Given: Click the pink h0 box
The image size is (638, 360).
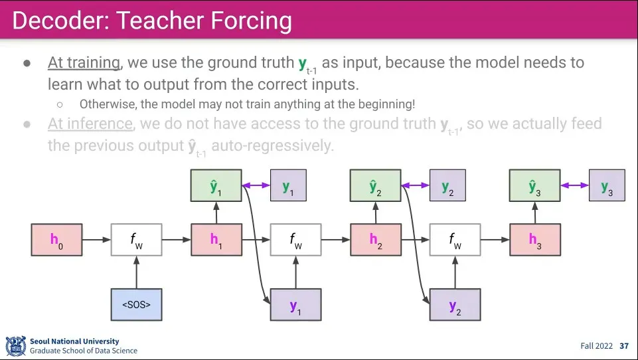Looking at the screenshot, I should [56, 239].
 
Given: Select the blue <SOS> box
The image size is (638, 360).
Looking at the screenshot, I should [136, 306].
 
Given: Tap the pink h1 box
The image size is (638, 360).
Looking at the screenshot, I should [216, 239].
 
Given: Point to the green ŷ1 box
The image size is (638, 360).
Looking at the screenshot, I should [216, 186].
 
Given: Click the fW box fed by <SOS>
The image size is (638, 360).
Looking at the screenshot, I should [136, 239].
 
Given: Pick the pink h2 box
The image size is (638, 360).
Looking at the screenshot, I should [376, 239].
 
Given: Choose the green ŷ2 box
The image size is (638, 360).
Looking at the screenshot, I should [375, 186].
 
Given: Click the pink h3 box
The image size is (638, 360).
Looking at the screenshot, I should [535, 239].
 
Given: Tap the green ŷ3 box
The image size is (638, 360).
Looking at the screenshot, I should [534, 186].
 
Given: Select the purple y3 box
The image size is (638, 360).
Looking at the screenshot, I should [607, 186].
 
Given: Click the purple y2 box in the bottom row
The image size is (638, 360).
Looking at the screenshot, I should [455, 306].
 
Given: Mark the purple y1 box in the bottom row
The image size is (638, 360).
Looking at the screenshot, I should [295, 306].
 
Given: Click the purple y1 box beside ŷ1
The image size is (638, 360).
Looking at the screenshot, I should [288, 186].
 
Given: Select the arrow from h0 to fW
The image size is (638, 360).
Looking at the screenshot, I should [96, 239].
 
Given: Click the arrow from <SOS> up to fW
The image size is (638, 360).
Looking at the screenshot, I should [136, 272].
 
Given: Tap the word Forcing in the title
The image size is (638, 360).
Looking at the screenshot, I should [251, 21].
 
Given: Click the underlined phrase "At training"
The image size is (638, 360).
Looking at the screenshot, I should [84, 63].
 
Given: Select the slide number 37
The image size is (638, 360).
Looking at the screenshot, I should [624, 346].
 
